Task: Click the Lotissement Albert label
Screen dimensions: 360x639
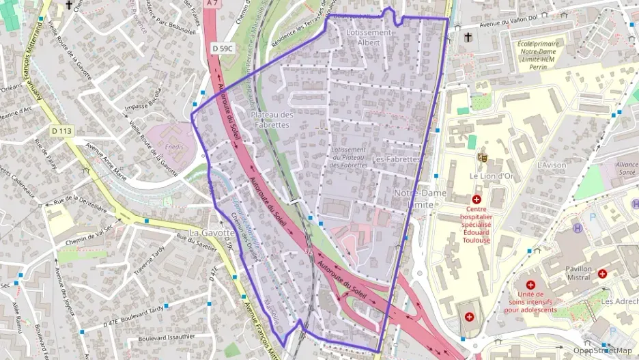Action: coord(369,37)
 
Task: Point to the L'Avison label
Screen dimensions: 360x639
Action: coord(552,165)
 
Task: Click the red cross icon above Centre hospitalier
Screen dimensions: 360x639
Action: coord(476,199)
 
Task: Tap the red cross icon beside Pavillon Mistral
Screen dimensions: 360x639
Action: coord(602,273)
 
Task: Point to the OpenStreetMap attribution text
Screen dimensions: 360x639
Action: coord(603,350)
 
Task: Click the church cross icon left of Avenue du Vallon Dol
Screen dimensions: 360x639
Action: coord(467,37)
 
